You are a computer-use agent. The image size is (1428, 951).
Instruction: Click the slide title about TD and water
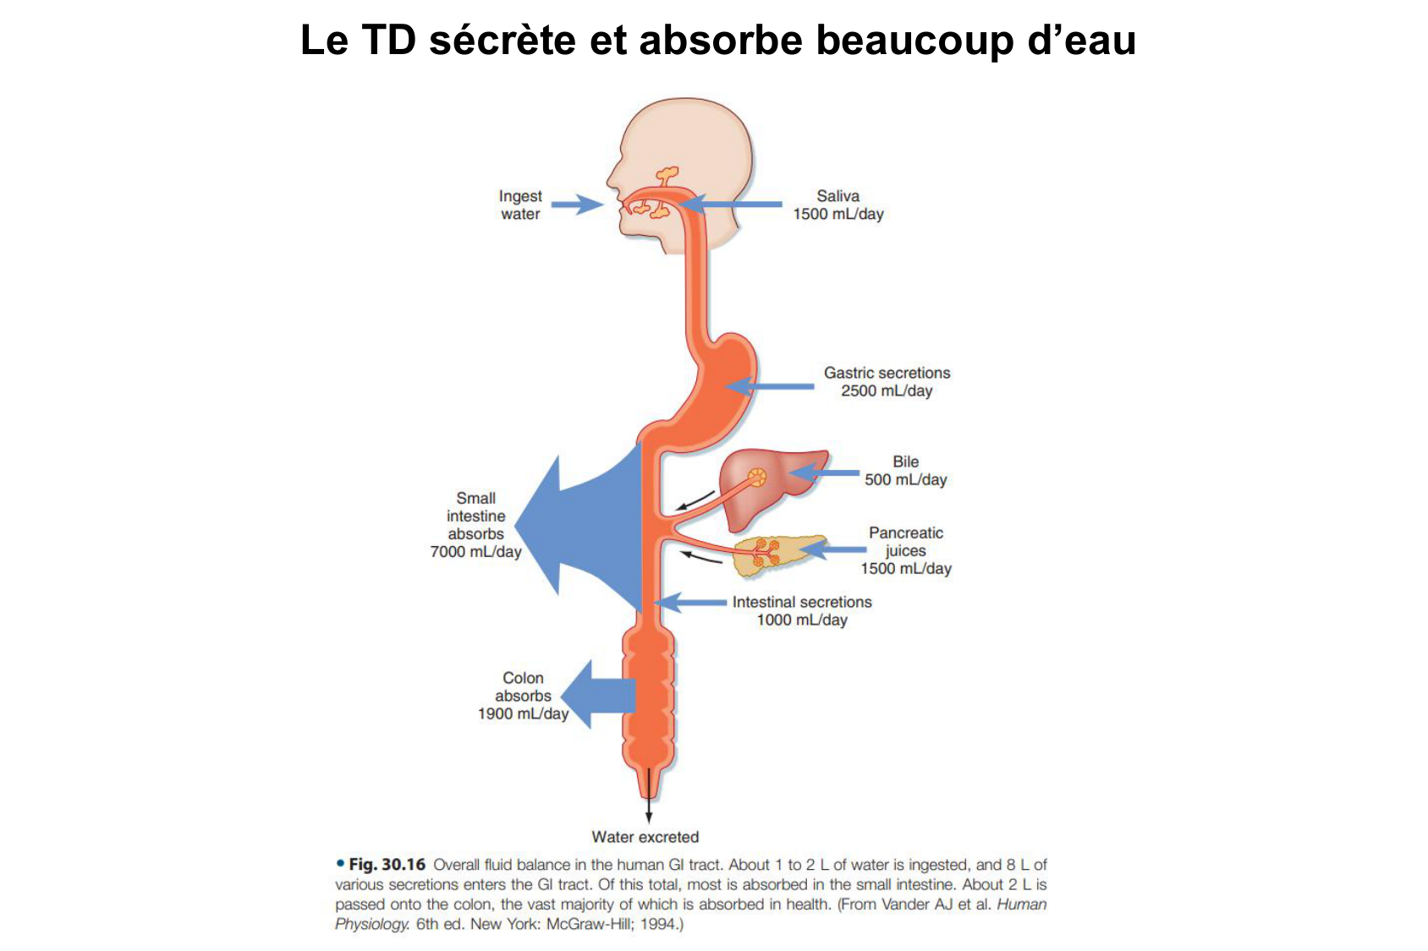click(717, 40)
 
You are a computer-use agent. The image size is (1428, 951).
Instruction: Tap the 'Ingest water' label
click(520, 205)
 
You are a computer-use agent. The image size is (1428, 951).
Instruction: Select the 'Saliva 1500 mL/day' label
click(838, 205)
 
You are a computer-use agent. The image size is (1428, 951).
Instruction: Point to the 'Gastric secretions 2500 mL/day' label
click(887, 381)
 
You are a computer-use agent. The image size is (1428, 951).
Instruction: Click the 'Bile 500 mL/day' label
click(905, 470)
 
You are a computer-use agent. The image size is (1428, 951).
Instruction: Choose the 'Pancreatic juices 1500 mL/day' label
click(906, 550)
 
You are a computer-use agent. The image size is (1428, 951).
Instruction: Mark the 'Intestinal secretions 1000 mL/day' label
click(801, 610)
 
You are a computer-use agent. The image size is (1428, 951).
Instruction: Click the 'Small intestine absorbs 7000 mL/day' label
click(475, 525)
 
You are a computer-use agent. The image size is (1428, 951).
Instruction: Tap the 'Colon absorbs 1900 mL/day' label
click(523, 696)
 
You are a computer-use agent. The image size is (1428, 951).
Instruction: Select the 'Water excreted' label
click(645, 837)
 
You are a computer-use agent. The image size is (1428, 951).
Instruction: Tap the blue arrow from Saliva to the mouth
click(732, 204)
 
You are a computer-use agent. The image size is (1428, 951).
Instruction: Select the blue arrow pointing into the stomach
click(770, 386)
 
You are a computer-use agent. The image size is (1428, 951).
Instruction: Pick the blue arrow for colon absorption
click(597, 696)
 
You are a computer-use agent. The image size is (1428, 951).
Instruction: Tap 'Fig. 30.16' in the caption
click(387, 864)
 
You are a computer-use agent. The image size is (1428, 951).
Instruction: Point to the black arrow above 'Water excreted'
click(649, 799)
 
